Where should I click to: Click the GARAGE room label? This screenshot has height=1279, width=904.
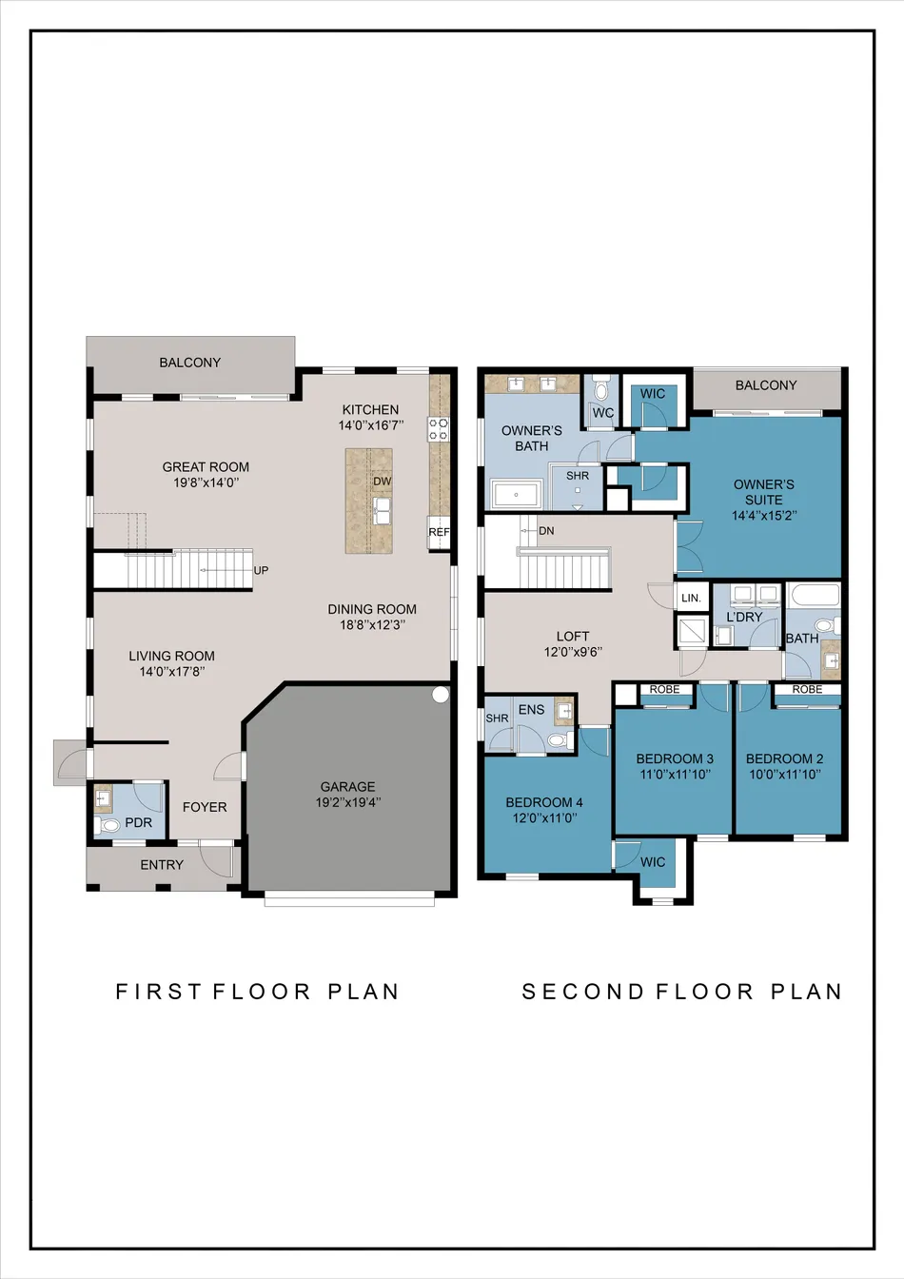point(347,786)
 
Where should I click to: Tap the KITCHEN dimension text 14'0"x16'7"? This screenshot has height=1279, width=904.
point(371,425)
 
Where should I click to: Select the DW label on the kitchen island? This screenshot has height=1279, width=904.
point(382,482)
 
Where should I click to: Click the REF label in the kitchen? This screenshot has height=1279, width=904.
point(439,532)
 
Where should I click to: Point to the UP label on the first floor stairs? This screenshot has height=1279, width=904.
point(261,571)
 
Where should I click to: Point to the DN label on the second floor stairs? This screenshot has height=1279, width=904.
point(546,531)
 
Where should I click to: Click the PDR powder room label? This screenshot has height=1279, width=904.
point(139,822)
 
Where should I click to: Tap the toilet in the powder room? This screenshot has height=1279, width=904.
point(107,825)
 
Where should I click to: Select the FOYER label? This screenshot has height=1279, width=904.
point(205,807)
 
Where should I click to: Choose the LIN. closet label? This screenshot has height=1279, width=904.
point(692,599)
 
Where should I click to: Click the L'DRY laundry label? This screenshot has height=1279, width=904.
point(744,617)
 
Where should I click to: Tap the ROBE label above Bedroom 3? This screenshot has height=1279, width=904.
point(665,689)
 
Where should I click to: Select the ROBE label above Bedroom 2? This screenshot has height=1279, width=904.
point(807,689)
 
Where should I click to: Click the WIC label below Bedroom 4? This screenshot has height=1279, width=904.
point(653,862)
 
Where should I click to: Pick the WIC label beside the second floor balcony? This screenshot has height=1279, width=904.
point(653,393)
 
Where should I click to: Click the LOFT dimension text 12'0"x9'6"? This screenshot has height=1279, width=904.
point(573,652)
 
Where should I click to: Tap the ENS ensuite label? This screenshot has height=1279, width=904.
point(531,709)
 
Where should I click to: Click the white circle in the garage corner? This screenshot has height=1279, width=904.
point(441,695)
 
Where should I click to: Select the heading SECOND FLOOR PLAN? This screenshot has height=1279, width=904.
point(682,992)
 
